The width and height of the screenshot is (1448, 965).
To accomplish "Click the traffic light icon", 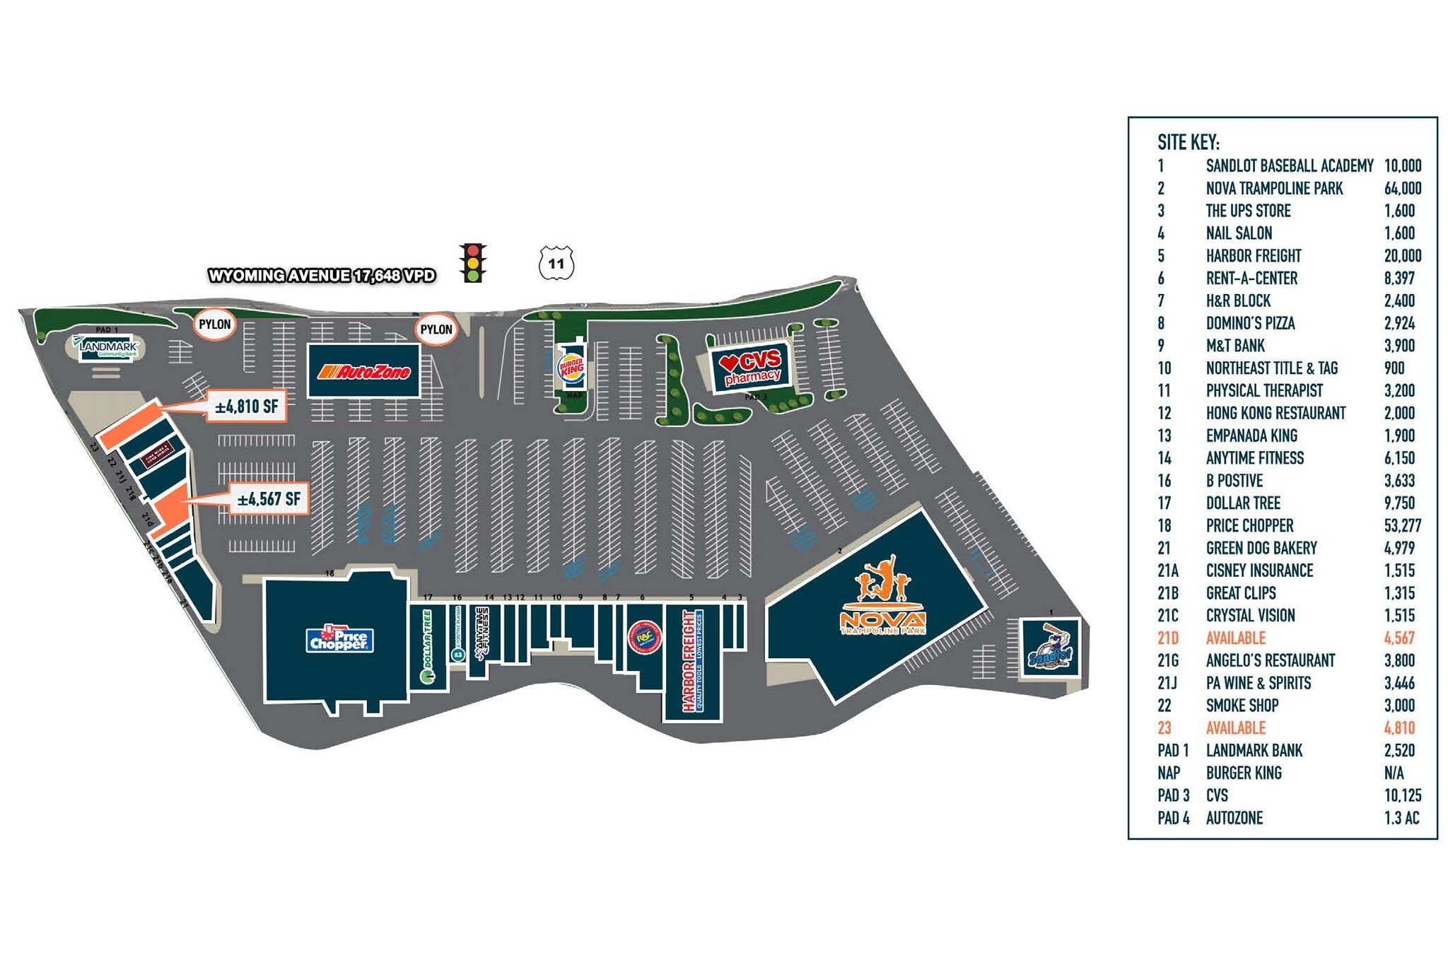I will click(472, 263).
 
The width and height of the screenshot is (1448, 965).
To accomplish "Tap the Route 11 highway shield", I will click(556, 264).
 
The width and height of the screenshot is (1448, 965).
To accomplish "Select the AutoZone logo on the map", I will click(364, 371).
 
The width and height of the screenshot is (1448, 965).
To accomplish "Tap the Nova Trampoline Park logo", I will click(882, 597).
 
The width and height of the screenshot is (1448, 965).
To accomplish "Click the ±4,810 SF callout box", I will click(246, 407).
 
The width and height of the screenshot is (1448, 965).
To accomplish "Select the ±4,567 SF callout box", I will click(269, 499).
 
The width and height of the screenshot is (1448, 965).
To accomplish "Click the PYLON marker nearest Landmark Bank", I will click(214, 324).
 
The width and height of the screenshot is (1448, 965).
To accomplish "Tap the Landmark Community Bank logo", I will click(107, 347).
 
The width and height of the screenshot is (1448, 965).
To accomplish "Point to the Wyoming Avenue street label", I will click(322, 276).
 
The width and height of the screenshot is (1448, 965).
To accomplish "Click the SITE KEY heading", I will click(1188, 143).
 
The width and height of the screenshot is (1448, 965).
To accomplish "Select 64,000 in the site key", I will click(1402, 189).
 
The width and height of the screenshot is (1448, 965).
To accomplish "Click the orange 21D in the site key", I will click(1168, 638).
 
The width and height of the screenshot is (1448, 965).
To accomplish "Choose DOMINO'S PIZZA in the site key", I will click(1250, 324).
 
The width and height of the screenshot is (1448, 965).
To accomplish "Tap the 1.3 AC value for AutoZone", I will click(1401, 818).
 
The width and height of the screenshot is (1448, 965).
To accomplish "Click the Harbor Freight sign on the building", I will click(689, 661).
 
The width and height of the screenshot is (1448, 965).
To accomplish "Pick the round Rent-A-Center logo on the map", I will click(643, 637).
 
